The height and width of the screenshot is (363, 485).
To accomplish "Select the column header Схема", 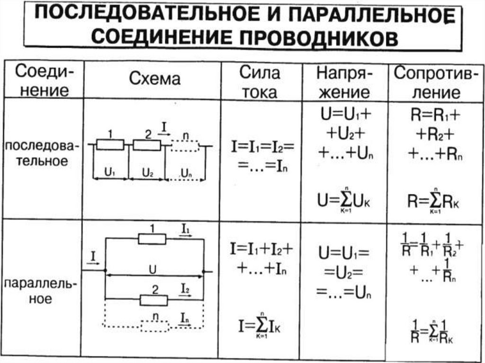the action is point(155,79).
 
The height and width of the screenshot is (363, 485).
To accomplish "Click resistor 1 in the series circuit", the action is point(110,145).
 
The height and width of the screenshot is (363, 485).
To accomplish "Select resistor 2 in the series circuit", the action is point(147,145).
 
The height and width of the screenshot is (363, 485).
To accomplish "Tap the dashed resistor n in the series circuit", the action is point(185,146).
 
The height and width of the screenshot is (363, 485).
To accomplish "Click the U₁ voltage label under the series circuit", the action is point(110,173).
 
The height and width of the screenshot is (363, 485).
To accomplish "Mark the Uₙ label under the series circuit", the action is point(186,174).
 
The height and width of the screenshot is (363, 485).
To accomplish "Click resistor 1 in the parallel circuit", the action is point(152,239).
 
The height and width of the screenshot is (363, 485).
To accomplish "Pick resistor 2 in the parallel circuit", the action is point(154,299).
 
